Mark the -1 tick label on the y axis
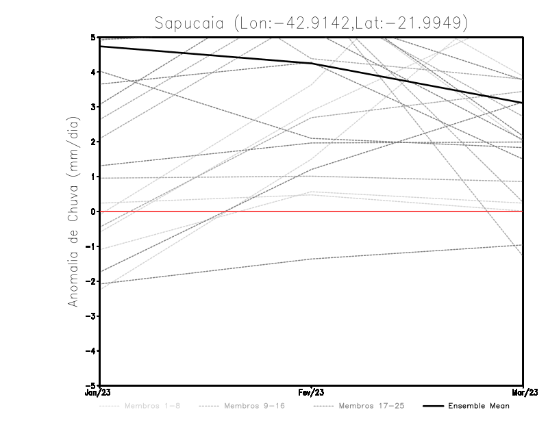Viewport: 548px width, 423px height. pyautogui.click(x=92, y=246)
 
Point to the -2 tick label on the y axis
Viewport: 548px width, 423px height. pyautogui.click(x=92, y=281)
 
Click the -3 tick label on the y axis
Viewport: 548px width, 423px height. pyautogui.click(x=92, y=316)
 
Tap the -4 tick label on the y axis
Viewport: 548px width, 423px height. pyautogui.click(x=92, y=351)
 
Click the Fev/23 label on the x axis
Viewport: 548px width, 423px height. pyautogui.click(x=311, y=393)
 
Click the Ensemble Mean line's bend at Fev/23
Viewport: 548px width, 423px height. pyautogui.click(x=311, y=63)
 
